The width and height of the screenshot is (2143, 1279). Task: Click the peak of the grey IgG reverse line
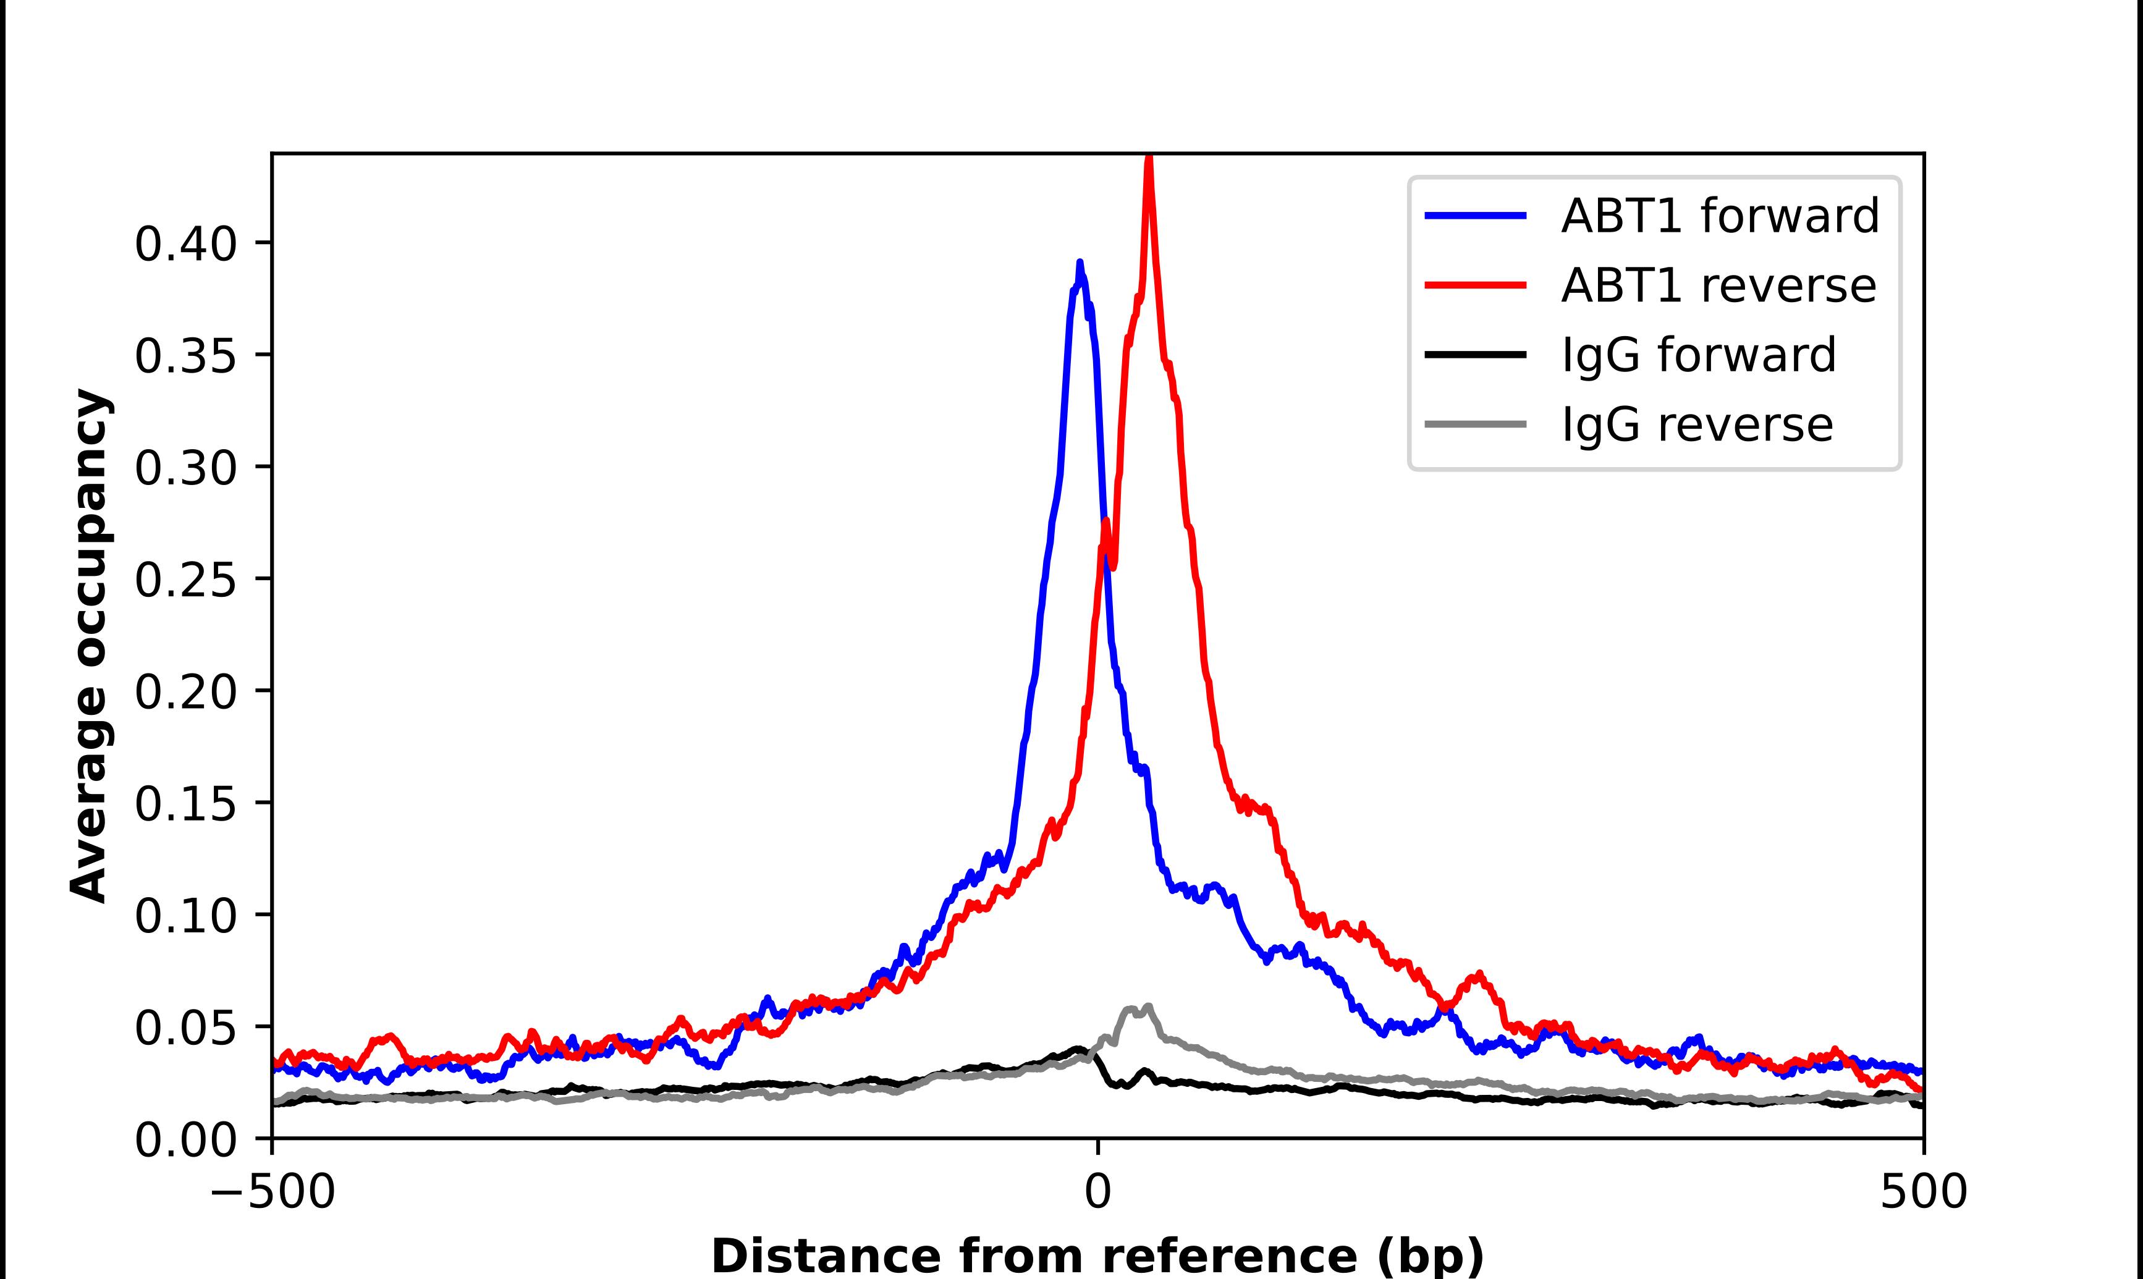point(1148,1007)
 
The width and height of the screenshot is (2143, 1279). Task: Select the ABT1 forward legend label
point(1720,216)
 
